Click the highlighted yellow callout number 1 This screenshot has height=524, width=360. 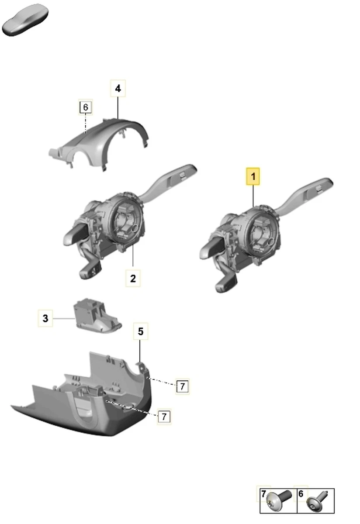pyautogui.click(x=253, y=176)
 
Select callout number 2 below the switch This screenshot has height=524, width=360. pyautogui.click(x=133, y=279)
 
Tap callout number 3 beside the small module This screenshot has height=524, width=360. pyautogui.click(x=45, y=318)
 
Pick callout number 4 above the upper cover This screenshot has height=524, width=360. pyautogui.click(x=118, y=88)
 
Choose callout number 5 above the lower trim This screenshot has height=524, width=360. pyautogui.click(x=140, y=331)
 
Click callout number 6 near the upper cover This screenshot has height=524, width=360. pyautogui.click(x=86, y=107)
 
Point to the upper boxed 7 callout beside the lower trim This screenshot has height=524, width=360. pyautogui.click(x=182, y=386)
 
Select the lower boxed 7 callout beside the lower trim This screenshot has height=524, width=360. pyautogui.click(x=164, y=417)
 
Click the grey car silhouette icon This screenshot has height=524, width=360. pyautogui.click(x=25, y=20)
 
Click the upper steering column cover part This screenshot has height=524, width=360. pyautogui.click(x=98, y=145)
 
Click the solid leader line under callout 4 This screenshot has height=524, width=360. pyautogui.click(x=118, y=107)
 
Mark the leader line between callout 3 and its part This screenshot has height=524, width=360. pyautogui.click(x=64, y=318)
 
